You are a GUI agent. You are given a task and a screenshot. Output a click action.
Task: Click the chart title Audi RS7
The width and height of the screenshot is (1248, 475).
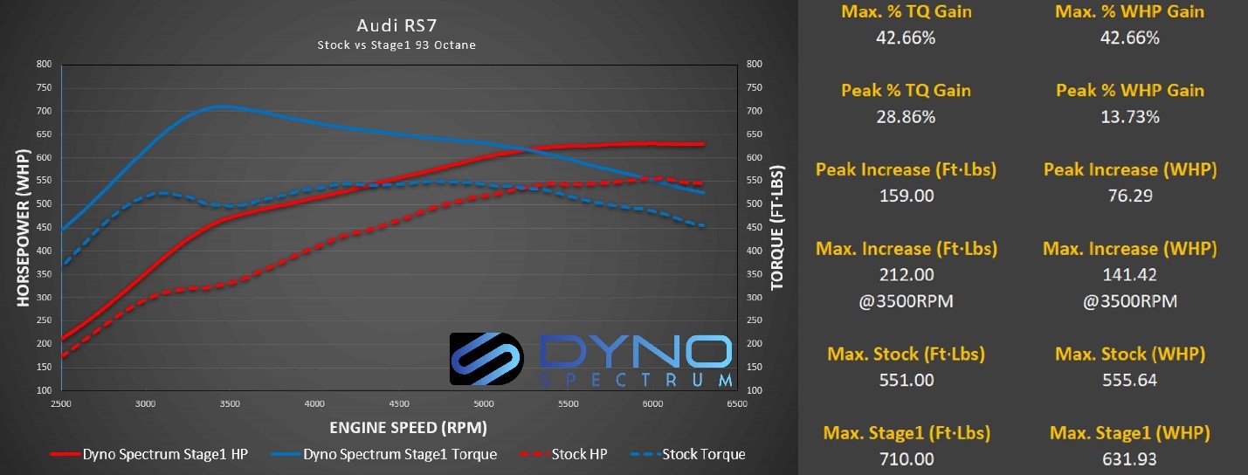pyautogui.click(x=396, y=25)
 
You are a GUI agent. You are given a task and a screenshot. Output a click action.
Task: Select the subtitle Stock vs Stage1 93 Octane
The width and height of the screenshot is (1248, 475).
pyautogui.click(x=396, y=45)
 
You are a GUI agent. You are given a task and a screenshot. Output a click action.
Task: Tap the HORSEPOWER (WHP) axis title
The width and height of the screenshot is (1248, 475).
pyautogui.click(x=23, y=228)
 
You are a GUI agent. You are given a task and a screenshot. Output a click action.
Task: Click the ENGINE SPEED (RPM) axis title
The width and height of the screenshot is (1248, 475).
pyautogui.click(x=409, y=428)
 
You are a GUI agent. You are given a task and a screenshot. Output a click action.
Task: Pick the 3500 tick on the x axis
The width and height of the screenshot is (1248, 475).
pyautogui.click(x=230, y=403)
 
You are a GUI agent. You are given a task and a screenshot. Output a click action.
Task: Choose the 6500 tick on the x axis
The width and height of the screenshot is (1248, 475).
pyautogui.click(x=737, y=403)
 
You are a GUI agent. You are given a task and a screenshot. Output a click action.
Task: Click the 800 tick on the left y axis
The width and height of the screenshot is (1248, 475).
pyautogui.click(x=44, y=64)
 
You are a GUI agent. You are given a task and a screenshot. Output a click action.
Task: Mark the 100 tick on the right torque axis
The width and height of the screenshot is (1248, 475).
pyautogui.click(x=755, y=390)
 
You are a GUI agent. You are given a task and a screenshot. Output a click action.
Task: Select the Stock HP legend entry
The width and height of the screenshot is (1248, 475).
pyautogui.click(x=563, y=454)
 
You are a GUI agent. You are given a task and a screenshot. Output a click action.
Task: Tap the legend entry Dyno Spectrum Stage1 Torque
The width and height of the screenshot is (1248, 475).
pyautogui.click(x=384, y=454)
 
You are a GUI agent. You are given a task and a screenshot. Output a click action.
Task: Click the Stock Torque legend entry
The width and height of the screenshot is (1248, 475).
pyautogui.click(x=688, y=454)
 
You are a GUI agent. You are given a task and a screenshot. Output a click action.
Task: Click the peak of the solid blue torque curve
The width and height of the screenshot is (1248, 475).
pyautogui.click(x=223, y=106)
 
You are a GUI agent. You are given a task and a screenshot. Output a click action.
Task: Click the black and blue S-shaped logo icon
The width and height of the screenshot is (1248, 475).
pyautogui.click(x=486, y=359)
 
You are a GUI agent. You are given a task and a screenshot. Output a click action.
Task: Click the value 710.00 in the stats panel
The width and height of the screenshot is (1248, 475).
pyautogui.click(x=907, y=459)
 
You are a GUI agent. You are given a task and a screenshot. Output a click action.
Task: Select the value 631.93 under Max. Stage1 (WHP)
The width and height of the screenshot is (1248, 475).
pyautogui.click(x=1129, y=459)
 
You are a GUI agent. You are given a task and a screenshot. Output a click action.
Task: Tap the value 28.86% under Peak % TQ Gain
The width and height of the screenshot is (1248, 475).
pyautogui.click(x=906, y=117)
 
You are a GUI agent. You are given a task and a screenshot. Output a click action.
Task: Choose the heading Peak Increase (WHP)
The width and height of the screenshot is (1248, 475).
pyautogui.click(x=1130, y=169)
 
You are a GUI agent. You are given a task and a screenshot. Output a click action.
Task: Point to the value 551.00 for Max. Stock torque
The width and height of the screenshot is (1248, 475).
pyautogui.click(x=907, y=381)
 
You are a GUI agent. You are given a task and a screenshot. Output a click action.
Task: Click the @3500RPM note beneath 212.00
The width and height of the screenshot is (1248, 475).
pyautogui.click(x=906, y=301)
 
